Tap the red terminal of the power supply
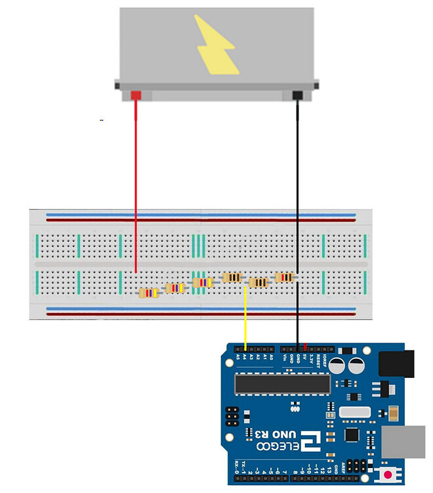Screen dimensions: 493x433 [x=136, y=96]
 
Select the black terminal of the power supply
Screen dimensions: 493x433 [x=297, y=96]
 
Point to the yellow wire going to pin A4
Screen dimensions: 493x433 [x=245, y=316]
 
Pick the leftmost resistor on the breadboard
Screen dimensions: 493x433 [x=150, y=293]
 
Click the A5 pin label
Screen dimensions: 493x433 [x=237, y=357]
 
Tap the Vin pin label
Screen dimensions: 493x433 [x=283, y=358]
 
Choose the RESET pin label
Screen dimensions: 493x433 [x=320, y=360]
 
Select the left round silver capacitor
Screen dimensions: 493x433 [x=339, y=365]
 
